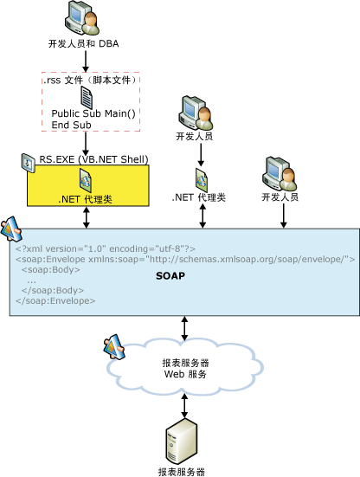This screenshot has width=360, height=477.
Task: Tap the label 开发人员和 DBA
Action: (84, 42)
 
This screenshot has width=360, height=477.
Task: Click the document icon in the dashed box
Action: (87, 96)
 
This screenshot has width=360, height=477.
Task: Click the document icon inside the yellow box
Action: (87, 180)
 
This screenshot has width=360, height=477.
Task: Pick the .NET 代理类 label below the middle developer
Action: (198, 198)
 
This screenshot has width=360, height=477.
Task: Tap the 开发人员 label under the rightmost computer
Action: (280, 198)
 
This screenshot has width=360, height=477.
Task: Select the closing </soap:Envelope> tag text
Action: (55, 301)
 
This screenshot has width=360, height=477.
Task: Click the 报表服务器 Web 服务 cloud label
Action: (184, 368)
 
